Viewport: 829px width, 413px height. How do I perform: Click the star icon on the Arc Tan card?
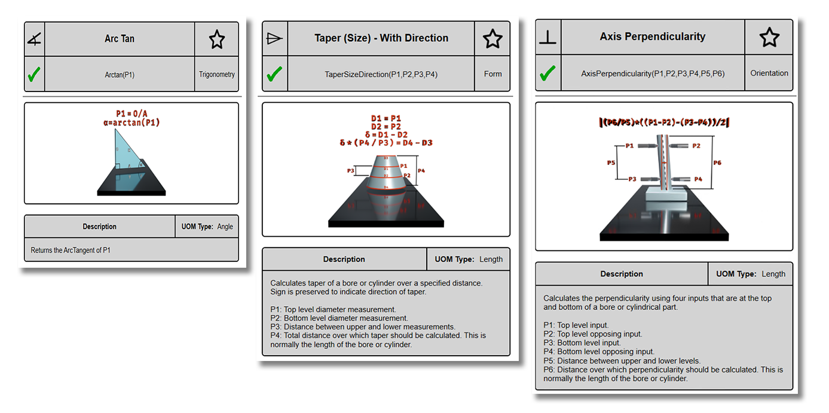[216, 39]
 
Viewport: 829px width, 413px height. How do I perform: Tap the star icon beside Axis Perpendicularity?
[769, 37]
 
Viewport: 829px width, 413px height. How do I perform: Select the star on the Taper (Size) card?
[492, 39]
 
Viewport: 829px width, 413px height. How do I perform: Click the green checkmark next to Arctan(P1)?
[34, 75]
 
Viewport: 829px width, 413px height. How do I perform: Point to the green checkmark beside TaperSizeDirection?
[274, 74]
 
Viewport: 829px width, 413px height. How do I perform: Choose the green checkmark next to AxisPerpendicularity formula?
[547, 74]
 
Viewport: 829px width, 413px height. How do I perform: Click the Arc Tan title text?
[120, 39]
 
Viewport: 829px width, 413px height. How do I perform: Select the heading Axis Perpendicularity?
[653, 37]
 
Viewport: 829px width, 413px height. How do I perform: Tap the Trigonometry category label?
[216, 75]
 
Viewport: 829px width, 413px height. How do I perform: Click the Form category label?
[492, 74]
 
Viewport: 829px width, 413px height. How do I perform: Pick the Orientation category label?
[769, 74]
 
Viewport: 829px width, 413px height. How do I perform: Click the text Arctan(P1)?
[120, 75]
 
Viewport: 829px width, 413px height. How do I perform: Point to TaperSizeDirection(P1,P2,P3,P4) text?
[381, 74]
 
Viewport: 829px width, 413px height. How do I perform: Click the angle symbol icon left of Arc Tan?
[34, 39]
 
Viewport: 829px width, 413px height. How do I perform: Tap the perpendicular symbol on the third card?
[547, 38]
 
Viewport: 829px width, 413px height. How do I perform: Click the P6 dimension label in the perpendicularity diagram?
[717, 162]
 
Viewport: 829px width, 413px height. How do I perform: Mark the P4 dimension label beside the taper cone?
[421, 171]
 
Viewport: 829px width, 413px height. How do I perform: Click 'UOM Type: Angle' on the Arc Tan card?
[207, 227]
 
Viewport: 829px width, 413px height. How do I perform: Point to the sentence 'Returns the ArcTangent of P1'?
[71, 250]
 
